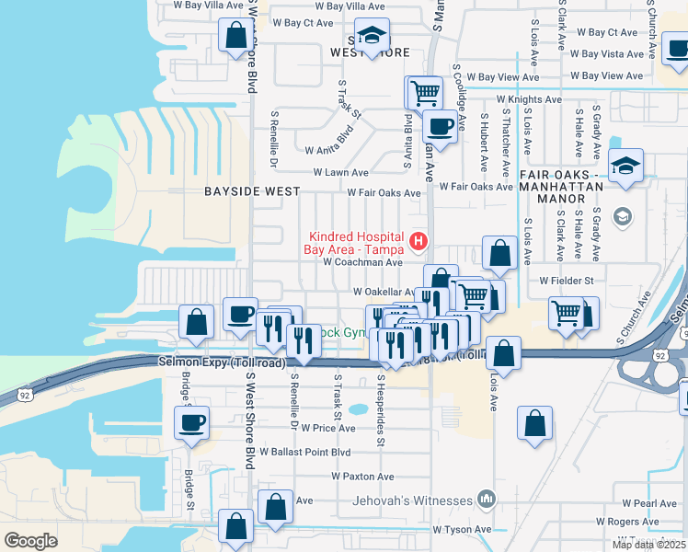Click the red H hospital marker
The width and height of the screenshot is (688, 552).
click(419, 242)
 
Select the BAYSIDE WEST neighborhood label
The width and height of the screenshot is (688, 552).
click(252, 191)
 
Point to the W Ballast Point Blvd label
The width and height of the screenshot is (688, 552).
click(305, 452)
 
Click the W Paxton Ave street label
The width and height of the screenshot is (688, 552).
click(363, 477)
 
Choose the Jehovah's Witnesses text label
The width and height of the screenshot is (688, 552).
click(412, 501)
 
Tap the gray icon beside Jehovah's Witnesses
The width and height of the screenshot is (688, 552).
click(487, 500)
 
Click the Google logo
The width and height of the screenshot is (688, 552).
click(31, 540)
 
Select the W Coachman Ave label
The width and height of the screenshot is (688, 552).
click(363, 261)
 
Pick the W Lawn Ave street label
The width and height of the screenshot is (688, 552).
click(340, 172)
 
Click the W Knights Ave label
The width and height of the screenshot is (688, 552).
click(529, 98)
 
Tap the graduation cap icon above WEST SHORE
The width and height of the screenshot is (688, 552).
click(372, 36)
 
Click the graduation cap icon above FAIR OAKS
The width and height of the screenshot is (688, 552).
click(626, 166)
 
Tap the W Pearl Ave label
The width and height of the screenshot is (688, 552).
click(648, 503)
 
